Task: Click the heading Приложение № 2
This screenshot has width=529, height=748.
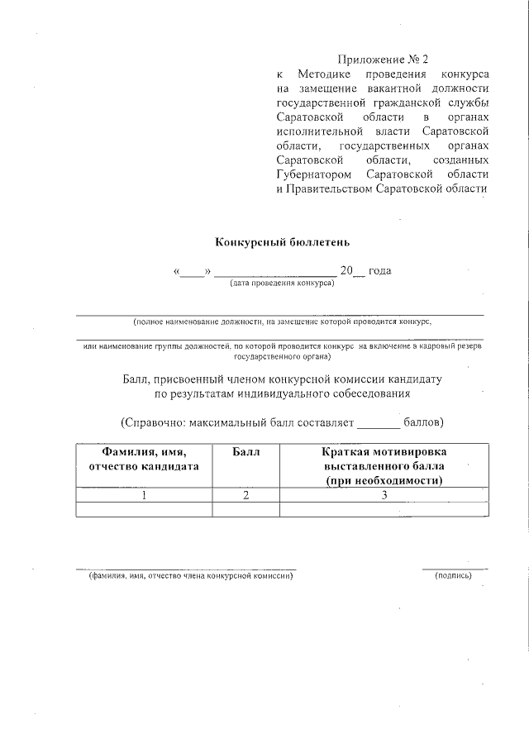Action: [384, 60]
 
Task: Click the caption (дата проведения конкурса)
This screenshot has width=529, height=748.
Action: [282, 283]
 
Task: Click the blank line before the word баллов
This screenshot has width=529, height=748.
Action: [378, 425]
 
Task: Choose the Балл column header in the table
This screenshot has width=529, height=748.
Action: [245, 452]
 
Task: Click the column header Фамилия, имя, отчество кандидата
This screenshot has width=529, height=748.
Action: [144, 459]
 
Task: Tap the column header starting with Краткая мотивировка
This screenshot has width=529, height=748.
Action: [384, 466]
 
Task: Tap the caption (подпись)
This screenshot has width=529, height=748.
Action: [453, 575]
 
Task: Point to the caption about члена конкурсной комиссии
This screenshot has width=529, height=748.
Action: [191, 575]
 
